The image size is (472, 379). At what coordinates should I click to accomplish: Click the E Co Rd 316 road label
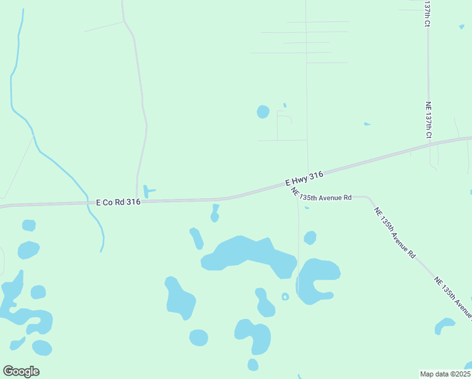tap(118, 202)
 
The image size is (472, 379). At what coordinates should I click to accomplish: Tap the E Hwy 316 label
tap(304, 178)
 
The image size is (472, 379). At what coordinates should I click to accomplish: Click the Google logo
tap(21, 371)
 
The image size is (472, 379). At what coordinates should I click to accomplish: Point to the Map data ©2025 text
tap(445, 373)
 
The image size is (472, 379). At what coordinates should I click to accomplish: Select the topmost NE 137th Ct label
tap(427, 13)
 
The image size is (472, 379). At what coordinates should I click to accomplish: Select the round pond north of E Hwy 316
tap(263, 112)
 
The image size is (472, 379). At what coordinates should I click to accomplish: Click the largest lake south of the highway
tap(249, 254)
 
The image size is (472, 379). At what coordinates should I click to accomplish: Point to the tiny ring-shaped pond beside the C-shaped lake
tap(285, 296)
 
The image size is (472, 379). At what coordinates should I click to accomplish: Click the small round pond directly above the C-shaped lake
tap(310, 238)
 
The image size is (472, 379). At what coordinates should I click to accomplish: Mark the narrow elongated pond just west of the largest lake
tap(196, 238)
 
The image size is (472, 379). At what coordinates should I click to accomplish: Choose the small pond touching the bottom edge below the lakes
tap(252, 364)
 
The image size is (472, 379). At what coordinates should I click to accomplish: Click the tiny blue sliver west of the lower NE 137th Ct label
tap(367, 124)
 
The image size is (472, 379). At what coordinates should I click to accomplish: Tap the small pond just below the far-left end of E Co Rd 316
tap(29, 226)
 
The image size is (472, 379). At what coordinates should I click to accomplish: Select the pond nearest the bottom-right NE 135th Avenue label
tap(444, 325)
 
